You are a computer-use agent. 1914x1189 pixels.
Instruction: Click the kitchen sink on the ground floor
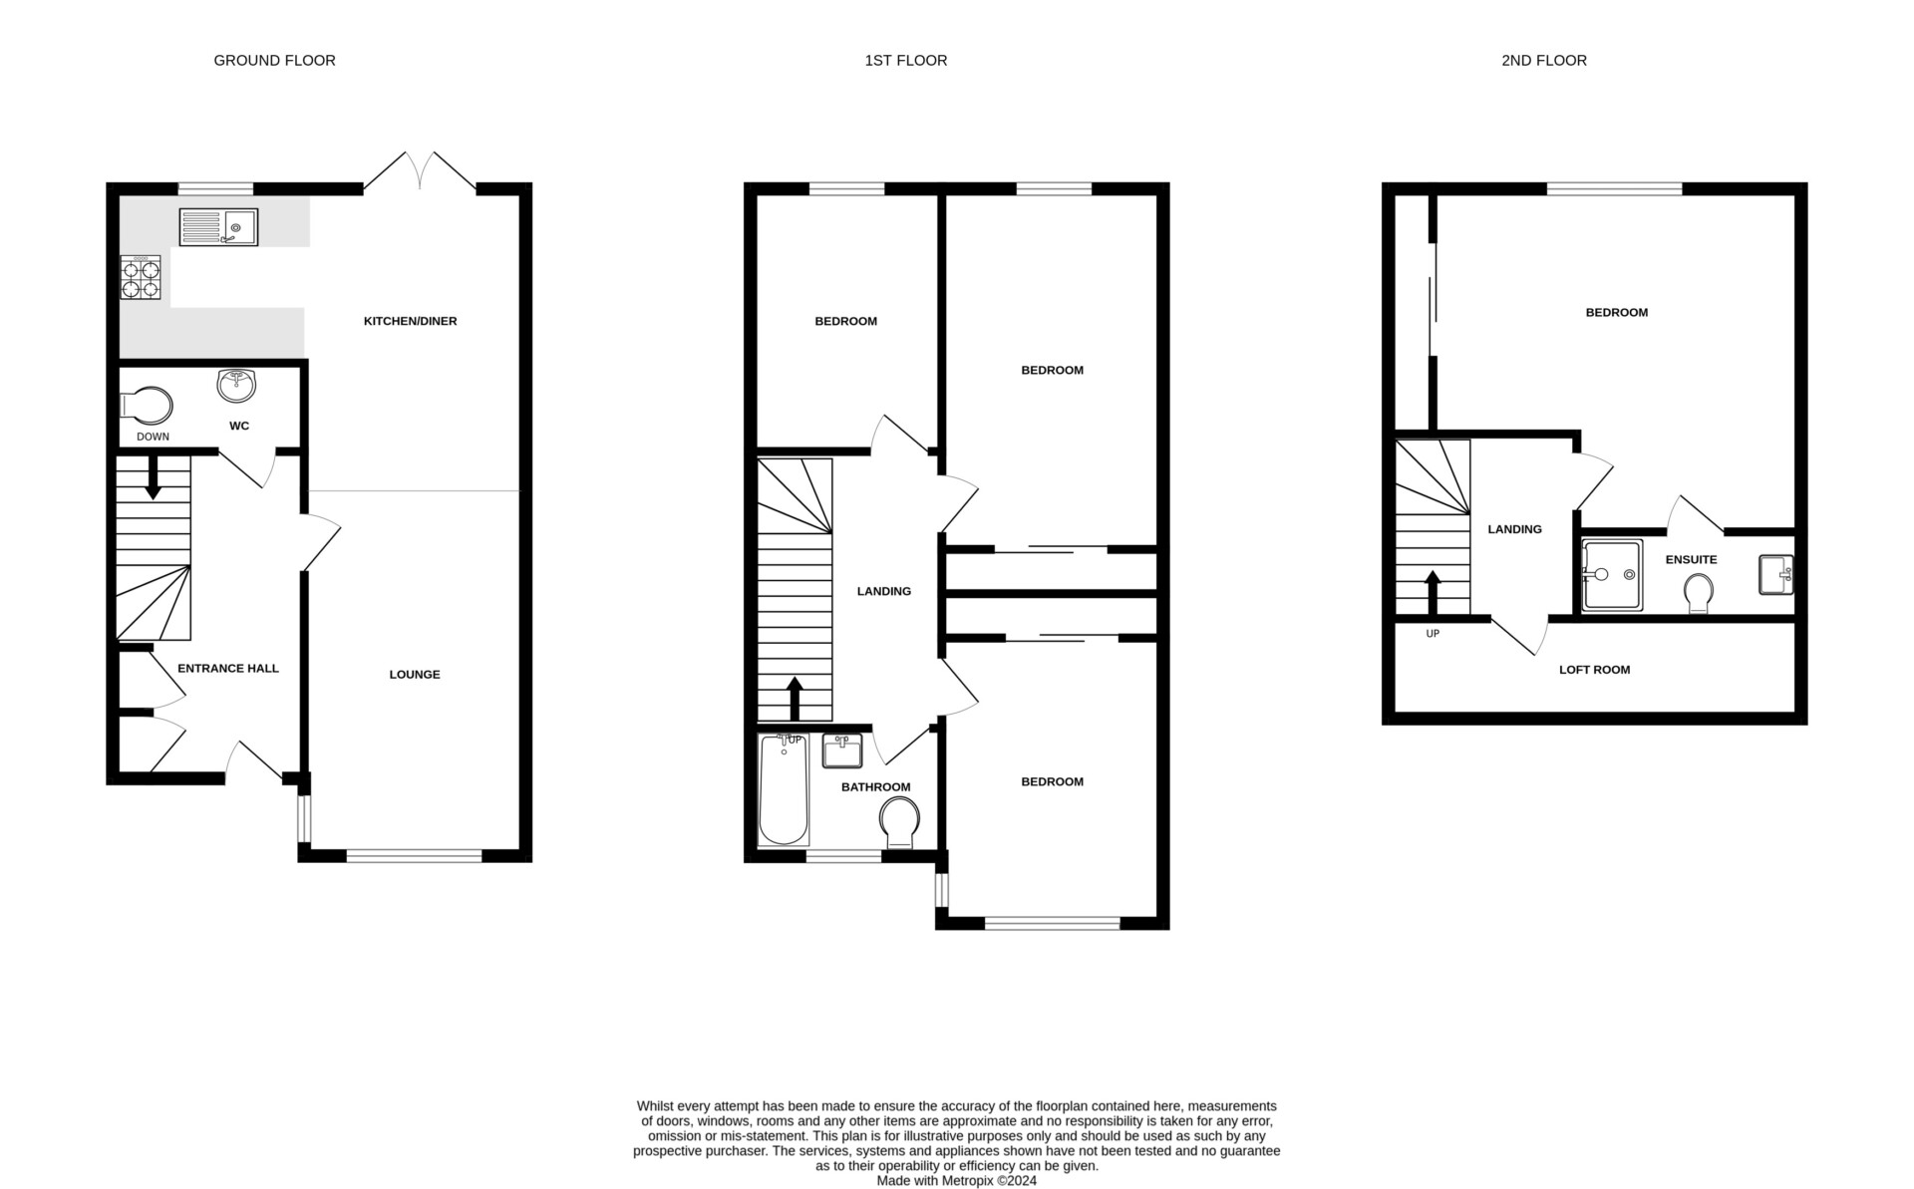click(x=218, y=227)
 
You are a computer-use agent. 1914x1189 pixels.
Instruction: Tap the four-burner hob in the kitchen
click(x=141, y=277)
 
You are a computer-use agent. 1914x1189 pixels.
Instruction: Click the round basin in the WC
click(x=236, y=384)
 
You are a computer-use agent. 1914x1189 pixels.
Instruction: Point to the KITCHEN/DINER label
click(x=410, y=321)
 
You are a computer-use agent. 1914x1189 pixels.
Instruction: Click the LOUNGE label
click(x=414, y=675)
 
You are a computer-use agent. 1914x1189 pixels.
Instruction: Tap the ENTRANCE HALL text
click(x=227, y=669)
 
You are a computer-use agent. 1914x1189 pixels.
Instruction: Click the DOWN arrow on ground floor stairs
click(x=153, y=478)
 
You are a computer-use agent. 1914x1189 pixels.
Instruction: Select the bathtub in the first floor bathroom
click(x=783, y=789)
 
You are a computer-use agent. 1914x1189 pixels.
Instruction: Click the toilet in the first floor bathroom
click(x=899, y=824)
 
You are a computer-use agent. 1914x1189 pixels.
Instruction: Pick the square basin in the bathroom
click(x=842, y=750)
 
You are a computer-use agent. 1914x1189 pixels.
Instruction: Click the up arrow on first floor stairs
click(x=795, y=699)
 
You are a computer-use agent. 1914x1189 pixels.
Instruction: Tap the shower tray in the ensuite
click(x=1612, y=575)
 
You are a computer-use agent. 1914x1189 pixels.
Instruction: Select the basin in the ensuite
click(x=1775, y=575)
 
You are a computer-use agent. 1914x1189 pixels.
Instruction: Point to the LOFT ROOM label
click(x=1594, y=670)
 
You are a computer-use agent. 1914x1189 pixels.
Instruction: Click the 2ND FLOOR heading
click(x=1543, y=61)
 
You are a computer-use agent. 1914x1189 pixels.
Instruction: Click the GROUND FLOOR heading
click(x=274, y=61)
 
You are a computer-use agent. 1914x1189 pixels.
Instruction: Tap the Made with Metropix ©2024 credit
click(x=956, y=1181)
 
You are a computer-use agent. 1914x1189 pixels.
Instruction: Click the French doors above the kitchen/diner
click(x=420, y=171)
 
